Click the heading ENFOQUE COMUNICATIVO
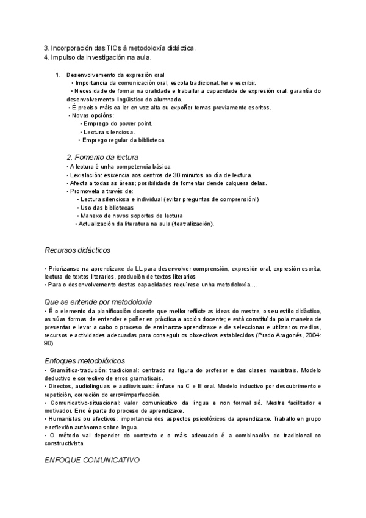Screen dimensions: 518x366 (x=92, y=459)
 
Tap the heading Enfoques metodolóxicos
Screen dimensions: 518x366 (x=85, y=361)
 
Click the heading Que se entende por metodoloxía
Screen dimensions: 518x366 (x=99, y=302)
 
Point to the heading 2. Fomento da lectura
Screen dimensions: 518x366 (x=102, y=157)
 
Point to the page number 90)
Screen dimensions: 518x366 (x=49, y=343)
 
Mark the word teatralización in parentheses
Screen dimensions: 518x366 (x=194, y=224)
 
